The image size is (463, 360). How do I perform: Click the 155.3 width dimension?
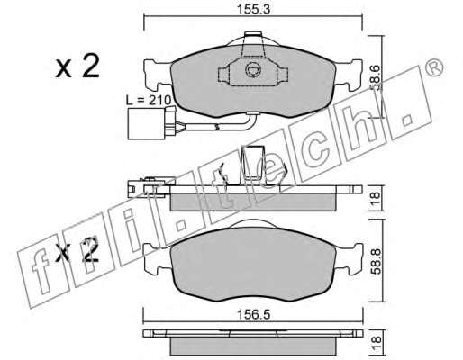click(254, 10)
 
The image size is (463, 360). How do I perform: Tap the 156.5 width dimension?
click(254, 314)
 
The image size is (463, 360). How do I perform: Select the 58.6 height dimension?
click(376, 78)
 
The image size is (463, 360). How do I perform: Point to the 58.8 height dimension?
click(377, 260)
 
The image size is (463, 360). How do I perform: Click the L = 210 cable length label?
click(149, 100)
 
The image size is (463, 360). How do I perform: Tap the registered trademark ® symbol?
click(434, 67)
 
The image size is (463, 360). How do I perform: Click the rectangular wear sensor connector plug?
click(146, 123)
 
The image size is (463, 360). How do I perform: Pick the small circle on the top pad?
click(253, 70)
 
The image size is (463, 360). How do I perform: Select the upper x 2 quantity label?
click(77, 66)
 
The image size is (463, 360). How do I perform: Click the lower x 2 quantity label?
click(77, 250)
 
